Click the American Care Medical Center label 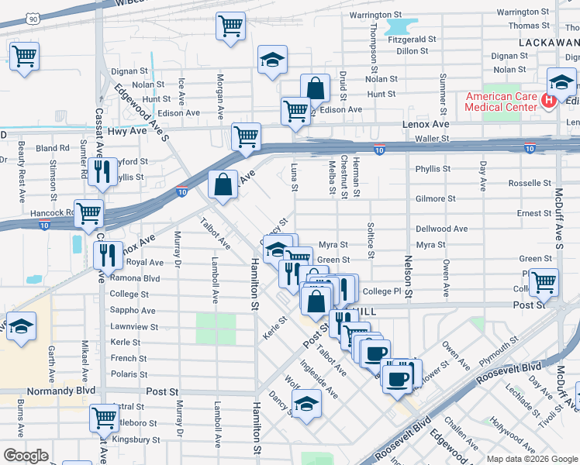[501, 102]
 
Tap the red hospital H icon [549, 100]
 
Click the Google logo [26, 455]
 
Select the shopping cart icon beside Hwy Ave [246, 136]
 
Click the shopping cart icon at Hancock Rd [89, 211]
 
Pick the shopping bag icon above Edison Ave [315, 88]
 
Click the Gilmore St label [434, 198]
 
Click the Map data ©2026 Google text [530, 458]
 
